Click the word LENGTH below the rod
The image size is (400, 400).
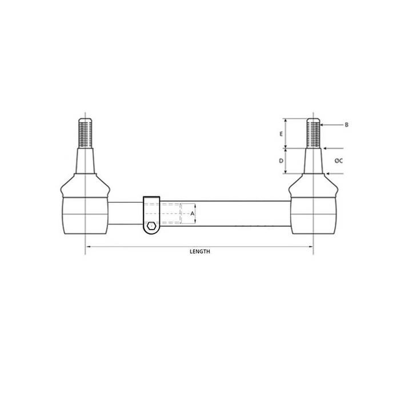click(199, 251)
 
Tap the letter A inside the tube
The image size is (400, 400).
click(193, 213)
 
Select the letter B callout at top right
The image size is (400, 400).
click(346, 124)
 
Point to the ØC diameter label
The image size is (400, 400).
click(338, 161)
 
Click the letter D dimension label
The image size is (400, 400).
click(281, 161)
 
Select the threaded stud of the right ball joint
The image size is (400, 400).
click(313, 133)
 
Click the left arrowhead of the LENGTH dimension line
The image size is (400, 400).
click(88, 246)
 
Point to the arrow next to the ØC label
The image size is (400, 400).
click(327, 161)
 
